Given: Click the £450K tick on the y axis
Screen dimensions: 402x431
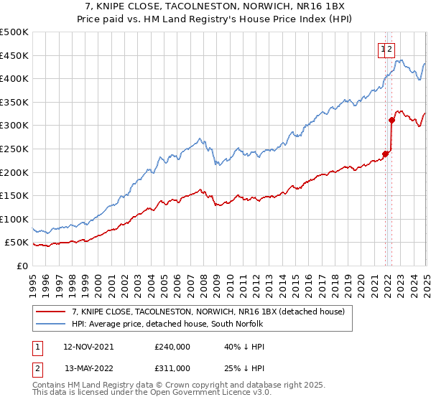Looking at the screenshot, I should pos(14,55).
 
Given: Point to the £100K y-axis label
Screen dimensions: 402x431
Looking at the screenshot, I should pos(14,219).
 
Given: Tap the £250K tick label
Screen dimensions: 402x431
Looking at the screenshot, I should pos(14,149).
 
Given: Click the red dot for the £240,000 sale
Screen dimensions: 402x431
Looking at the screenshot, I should pos(386,153).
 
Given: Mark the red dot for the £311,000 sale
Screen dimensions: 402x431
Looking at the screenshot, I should pos(392,120).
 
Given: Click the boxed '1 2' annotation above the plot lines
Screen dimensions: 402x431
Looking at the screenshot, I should pos(386,49).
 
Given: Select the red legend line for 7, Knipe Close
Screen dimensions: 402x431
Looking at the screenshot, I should pos(50,312).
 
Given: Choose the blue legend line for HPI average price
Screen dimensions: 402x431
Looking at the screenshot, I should pos(50,324).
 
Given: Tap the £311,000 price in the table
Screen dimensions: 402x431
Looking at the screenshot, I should pos(172,370).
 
